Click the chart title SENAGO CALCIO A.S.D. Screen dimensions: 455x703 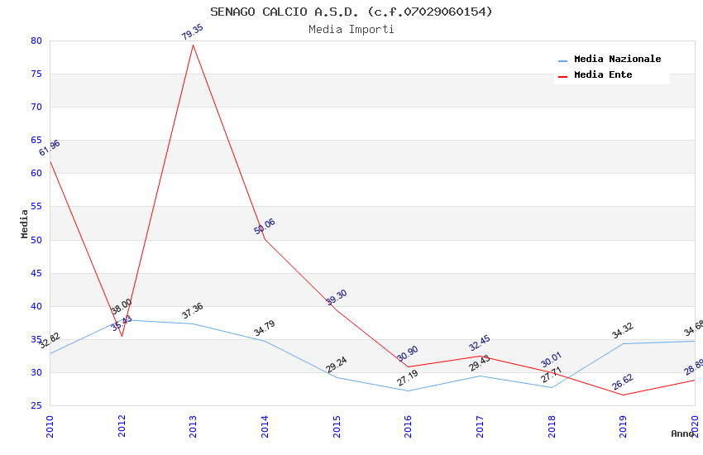[351, 12]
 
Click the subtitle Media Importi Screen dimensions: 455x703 [351, 30]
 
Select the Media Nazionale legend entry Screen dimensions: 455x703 [617, 60]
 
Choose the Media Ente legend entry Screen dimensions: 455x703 [603, 75]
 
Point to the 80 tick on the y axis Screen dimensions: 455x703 [36, 41]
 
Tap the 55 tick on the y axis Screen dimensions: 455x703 [36, 207]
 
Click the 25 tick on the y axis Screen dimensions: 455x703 [36, 405]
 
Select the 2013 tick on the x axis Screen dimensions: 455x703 [194, 426]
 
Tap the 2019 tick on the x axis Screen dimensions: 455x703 [624, 426]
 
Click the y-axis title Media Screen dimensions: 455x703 [25, 223]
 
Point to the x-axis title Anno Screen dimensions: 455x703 [681, 433]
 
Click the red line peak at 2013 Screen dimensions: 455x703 [194, 45]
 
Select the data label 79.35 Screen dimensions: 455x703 [193, 32]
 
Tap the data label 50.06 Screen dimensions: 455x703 [265, 227]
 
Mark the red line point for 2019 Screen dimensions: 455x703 [624, 395]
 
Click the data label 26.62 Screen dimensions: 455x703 [623, 382]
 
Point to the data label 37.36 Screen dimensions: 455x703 [193, 311]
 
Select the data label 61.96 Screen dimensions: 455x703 [50, 148]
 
